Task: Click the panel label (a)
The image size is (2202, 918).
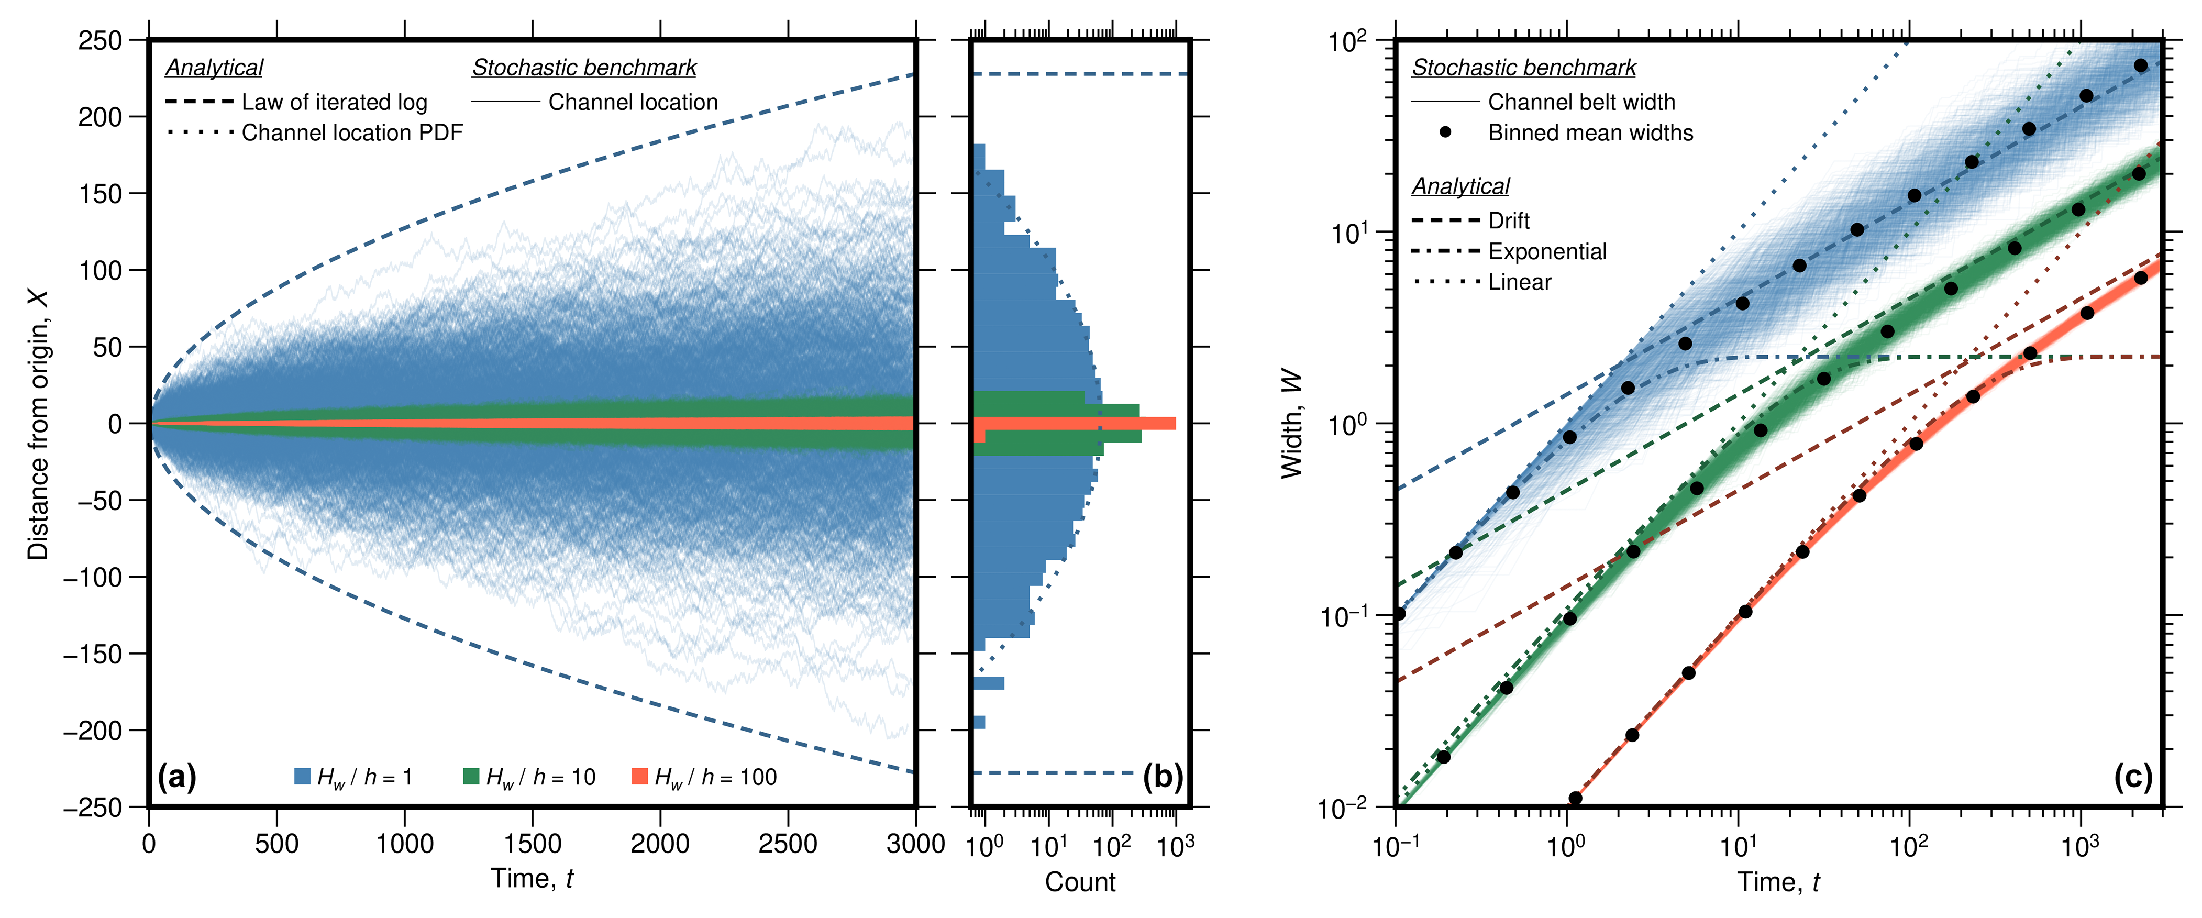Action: coord(177,777)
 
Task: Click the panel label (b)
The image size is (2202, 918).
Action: coord(1163,777)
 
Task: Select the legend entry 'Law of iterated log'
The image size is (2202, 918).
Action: coord(334,103)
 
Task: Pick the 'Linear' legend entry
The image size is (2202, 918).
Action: coord(1519,283)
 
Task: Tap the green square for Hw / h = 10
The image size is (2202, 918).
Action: coord(471,776)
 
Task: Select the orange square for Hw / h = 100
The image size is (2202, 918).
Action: coord(639,776)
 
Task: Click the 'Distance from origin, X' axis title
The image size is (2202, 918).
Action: coord(38,424)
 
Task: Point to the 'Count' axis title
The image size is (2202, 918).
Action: coord(1080,882)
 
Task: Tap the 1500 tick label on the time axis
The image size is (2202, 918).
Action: coord(533,845)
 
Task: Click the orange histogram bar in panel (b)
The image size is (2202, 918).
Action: coord(1077,423)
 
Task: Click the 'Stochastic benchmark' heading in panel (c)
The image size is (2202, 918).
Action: coord(1523,68)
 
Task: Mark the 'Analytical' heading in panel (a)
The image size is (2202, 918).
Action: coord(214,68)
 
